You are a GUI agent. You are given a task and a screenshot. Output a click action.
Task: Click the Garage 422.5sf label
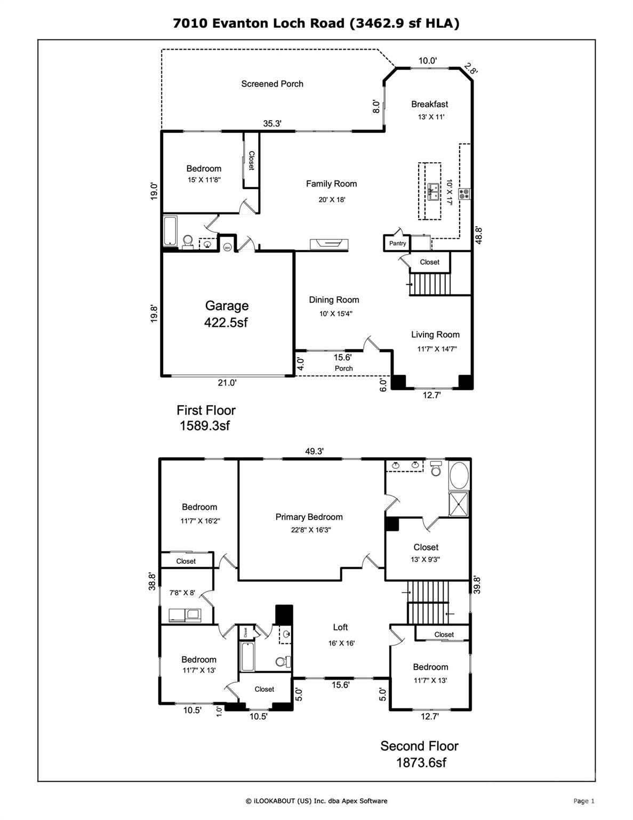point(227,314)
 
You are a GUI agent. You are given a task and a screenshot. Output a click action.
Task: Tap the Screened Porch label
point(272,84)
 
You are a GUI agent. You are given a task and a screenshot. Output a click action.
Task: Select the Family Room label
point(331,184)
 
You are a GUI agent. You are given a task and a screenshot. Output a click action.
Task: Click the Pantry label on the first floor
point(397,243)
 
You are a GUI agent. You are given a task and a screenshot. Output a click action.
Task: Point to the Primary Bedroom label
point(309,517)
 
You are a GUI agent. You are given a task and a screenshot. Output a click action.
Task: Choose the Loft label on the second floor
point(340,627)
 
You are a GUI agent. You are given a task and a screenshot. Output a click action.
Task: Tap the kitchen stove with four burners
point(464,194)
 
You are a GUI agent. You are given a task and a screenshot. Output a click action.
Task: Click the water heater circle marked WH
point(227,247)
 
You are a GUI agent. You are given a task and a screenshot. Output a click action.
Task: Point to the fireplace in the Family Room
point(329,244)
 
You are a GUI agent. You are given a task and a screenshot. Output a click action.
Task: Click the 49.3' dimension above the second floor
point(314,451)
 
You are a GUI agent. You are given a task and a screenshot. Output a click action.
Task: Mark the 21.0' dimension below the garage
point(227,383)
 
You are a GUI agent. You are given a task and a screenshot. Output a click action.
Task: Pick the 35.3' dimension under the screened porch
point(272,123)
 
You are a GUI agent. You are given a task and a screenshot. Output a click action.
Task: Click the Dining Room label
point(334,300)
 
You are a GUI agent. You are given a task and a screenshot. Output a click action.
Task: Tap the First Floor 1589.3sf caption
point(206,417)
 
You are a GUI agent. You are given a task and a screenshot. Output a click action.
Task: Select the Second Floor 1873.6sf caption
point(420,753)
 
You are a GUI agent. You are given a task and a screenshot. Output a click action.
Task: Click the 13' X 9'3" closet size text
point(426,559)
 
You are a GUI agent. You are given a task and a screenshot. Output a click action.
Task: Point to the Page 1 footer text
point(583,801)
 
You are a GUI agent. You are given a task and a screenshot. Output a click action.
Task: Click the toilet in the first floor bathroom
point(187,243)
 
